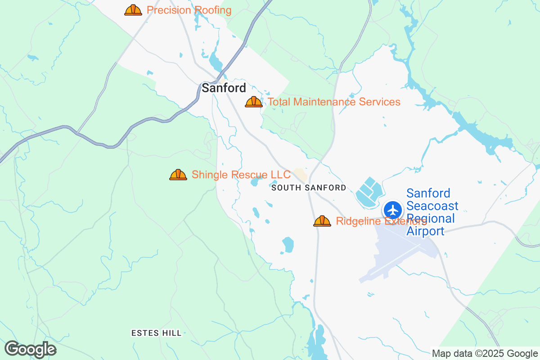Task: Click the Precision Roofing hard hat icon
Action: point(133,10)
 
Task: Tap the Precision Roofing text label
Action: point(189,10)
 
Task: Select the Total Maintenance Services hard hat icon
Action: point(254,102)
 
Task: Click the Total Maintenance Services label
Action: point(334,102)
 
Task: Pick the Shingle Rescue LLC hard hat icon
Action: point(178,175)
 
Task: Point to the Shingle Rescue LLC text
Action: point(241,175)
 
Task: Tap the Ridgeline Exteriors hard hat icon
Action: point(322,221)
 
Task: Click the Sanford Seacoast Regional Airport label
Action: point(432,212)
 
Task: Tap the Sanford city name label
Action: point(224,88)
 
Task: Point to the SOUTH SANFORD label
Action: point(309,188)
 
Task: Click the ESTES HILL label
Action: point(157,333)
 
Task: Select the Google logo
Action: point(31,350)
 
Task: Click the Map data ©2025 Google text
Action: point(485,353)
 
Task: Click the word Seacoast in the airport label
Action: point(432,206)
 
